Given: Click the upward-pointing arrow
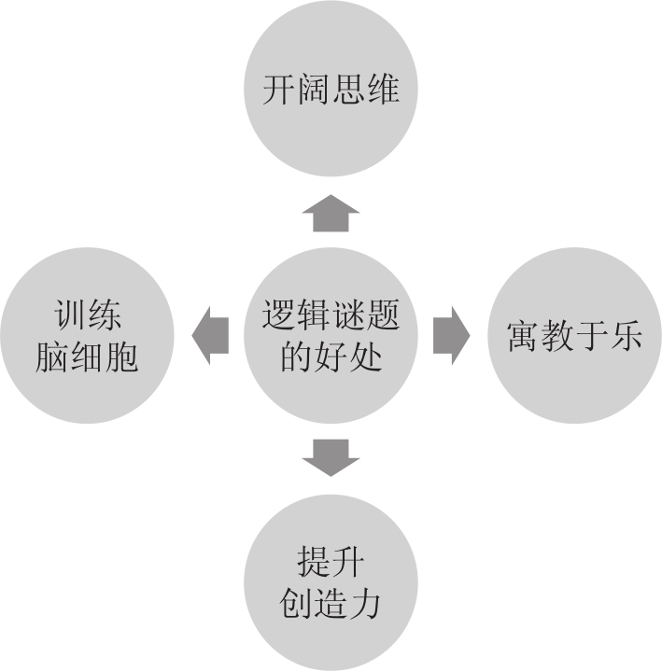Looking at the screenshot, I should pyautogui.click(x=330, y=214).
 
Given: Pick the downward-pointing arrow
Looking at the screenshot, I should pyautogui.click(x=331, y=456).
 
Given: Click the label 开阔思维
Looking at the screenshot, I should pyautogui.click(x=331, y=91).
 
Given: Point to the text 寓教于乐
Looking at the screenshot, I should pyautogui.click(x=575, y=335).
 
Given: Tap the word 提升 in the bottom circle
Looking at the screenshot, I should pyautogui.click(x=331, y=563).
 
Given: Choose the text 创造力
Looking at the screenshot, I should pyautogui.click(x=331, y=604).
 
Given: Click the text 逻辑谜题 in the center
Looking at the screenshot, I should pyautogui.click(x=331, y=315).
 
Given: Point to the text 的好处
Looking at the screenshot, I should pyautogui.click(x=331, y=356).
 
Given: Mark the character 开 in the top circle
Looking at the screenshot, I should pyautogui.click(x=279, y=91).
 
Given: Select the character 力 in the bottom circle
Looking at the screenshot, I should pyautogui.click(x=365, y=604).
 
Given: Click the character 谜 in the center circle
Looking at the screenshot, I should pyautogui.click(x=347, y=315).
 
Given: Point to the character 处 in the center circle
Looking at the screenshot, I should pyautogui.click(x=365, y=356).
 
